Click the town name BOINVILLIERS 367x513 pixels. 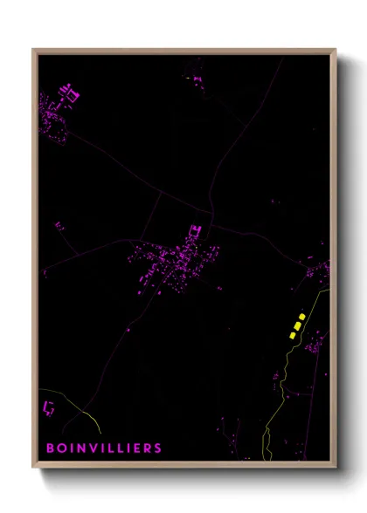point(104,448)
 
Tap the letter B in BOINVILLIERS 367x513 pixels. point(50,448)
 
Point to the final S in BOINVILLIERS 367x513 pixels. point(158,448)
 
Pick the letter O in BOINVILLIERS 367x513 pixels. point(62,448)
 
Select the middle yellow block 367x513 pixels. point(297,325)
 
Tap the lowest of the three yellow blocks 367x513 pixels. point(292,334)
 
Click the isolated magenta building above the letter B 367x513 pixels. point(49,407)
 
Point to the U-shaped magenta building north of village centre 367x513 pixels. point(195,231)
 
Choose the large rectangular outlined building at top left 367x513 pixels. point(72,94)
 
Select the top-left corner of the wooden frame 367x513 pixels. point(34,50)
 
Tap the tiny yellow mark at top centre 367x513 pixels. point(187,79)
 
